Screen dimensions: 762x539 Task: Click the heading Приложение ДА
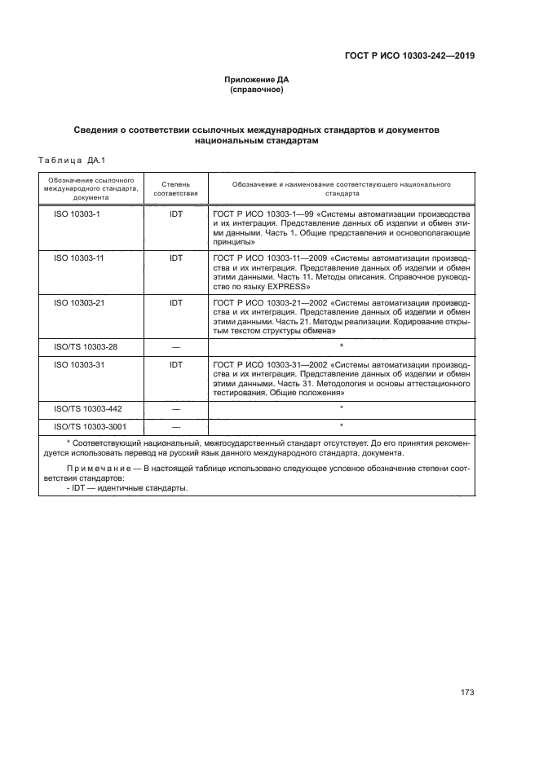point(257,80)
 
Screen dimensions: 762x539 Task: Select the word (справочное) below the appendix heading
point(257,90)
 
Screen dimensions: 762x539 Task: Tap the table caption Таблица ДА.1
point(73,160)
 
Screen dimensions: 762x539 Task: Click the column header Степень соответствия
point(175,190)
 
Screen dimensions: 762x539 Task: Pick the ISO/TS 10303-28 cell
point(86,346)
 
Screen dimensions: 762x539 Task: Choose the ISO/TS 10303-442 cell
point(88,407)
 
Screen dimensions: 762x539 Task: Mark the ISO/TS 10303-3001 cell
point(91,425)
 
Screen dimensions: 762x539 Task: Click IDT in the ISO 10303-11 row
point(175,257)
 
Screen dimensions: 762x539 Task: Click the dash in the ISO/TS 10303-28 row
point(175,346)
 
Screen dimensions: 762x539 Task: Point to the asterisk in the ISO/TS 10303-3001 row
point(341,425)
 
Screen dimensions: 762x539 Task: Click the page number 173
point(466,692)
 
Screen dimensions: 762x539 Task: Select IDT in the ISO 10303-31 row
point(175,364)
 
